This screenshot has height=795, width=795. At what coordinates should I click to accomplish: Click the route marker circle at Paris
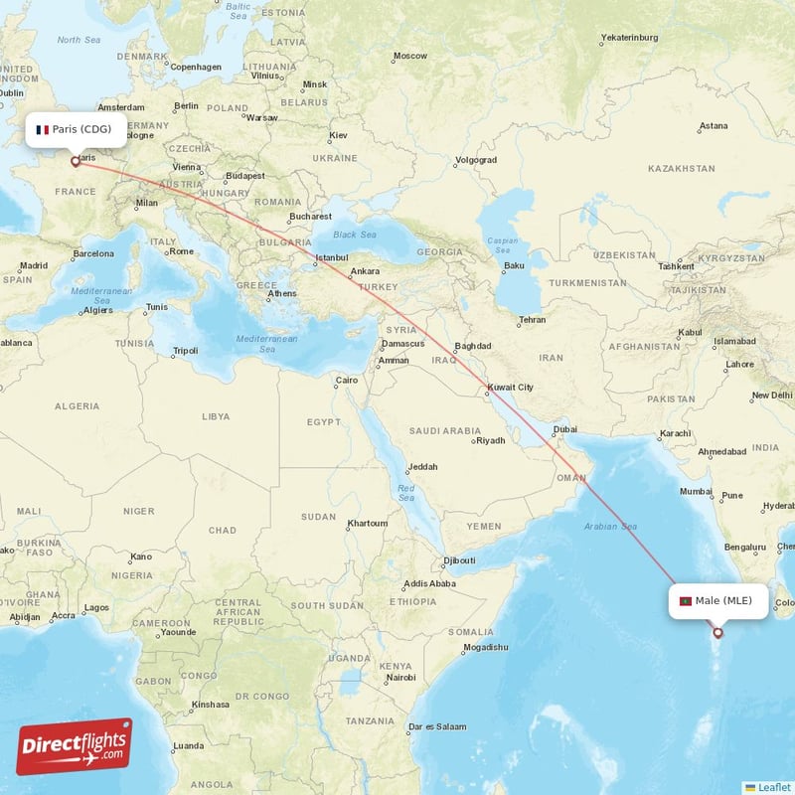click(x=75, y=161)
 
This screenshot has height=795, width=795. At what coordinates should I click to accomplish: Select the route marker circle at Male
click(x=717, y=632)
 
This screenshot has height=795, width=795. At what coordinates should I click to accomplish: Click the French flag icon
click(x=43, y=129)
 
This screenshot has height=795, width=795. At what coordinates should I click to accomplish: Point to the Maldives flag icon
click(x=685, y=600)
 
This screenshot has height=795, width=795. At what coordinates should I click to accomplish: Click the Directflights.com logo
click(x=74, y=746)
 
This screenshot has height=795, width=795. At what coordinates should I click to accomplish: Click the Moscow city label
click(x=409, y=56)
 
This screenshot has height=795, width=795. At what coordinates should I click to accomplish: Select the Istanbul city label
click(x=331, y=259)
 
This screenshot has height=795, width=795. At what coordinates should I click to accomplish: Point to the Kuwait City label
click(x=511, y=388)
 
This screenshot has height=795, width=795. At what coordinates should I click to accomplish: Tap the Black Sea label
click(x=355, y=235)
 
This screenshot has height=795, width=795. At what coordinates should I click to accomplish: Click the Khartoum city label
click(x=367, y=523)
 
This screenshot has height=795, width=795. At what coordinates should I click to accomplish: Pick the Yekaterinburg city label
click(x=629, y=38)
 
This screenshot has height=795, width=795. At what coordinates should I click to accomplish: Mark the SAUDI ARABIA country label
click(x=446, y=431)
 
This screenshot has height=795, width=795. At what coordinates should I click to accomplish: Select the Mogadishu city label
click(x=485, y=647)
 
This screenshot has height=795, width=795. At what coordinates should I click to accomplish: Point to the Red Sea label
click(x=406, y=491)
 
